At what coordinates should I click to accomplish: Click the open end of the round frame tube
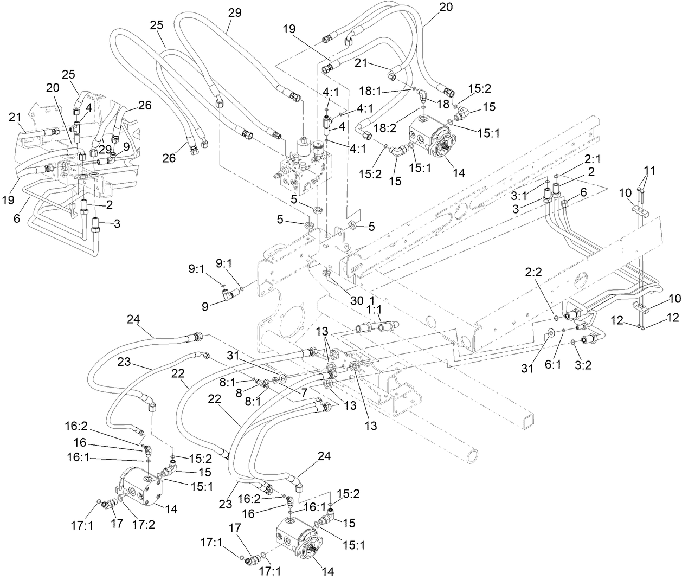[473, 455]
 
